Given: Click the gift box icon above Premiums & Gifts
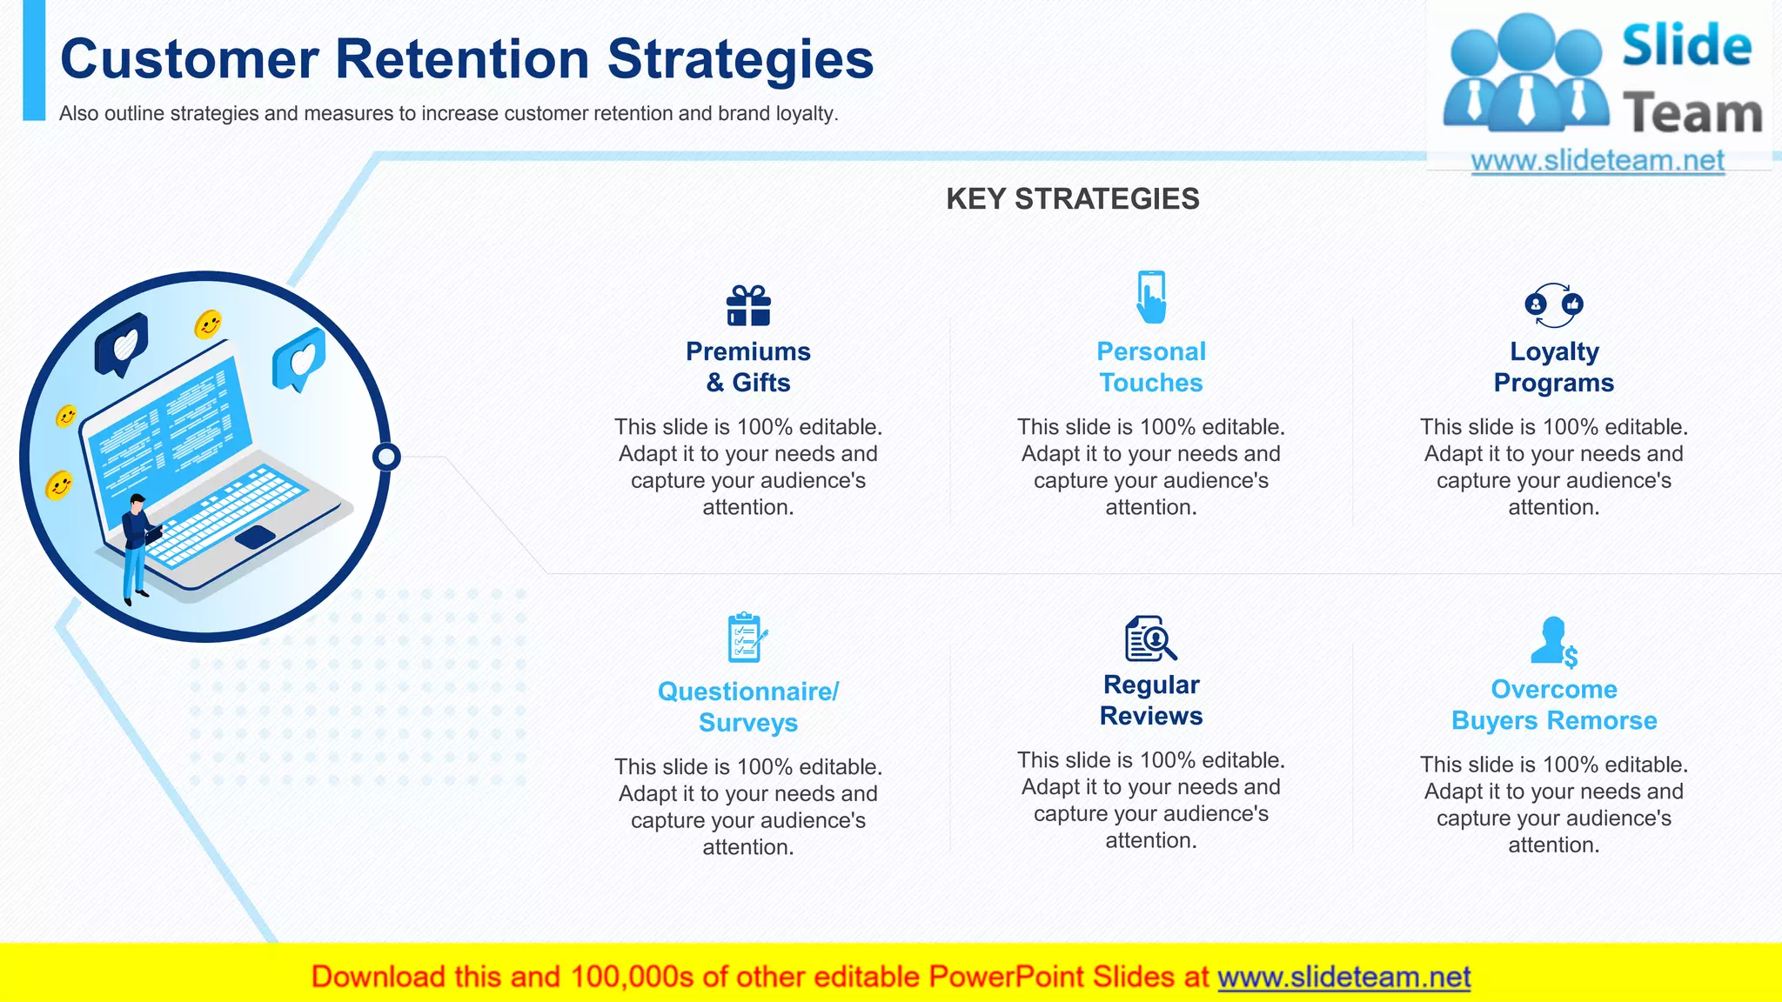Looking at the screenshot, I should coord(748,306).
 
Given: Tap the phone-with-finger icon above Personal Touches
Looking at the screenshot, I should coord(1151,297).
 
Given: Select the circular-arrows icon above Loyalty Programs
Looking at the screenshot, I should coord(1554,305).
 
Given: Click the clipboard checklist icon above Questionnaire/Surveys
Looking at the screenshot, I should coord(747,638).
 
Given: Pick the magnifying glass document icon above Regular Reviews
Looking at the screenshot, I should coord(1150,639).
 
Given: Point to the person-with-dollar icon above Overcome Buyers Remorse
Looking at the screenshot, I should coord(1553,642).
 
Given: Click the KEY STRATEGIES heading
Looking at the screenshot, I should coord(1072,199).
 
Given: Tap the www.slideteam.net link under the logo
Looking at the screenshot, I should coord(1598,161).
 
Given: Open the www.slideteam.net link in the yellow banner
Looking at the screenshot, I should coord(1343,977).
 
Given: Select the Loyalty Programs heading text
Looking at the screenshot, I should coord(1554,367).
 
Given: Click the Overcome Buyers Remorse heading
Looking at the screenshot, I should coord(1554,705).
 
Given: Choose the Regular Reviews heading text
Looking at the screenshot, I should coord(1151,700).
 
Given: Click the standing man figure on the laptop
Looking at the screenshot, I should coord(135,548).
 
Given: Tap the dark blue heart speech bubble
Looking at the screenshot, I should coord(122,344).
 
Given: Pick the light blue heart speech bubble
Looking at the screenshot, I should coord(299,358).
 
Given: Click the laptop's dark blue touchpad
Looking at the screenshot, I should coord(255,537).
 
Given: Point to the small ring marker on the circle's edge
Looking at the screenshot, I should coord(386,457).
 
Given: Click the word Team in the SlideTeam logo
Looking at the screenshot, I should coord(1692,114).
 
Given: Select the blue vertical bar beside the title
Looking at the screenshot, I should coord(34,61).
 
